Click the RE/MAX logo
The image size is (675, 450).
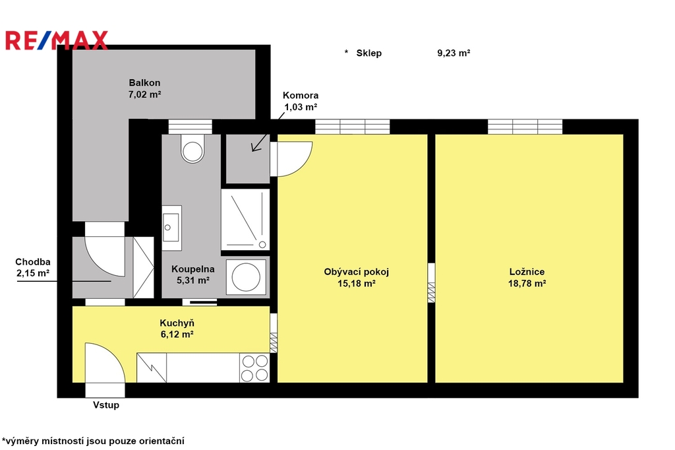pos(57,40)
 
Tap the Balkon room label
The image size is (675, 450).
pos(144,82)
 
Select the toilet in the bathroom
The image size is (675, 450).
pos(192,148)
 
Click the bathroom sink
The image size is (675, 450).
pos(172,228)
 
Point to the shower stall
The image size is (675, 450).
pos(245,220)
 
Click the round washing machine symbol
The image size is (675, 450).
pos(246,276)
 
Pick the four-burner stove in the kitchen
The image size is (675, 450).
pos(254,368)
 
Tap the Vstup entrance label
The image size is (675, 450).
pos(106,405)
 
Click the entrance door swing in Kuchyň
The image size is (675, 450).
pos(105,363)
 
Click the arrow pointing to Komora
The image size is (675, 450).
pos(268,133)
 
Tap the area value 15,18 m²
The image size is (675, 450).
pos(357,283)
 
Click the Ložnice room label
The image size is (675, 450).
pos(527,272)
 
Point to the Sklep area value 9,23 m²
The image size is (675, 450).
pos(454,53)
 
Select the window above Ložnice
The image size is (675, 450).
pos(525,126)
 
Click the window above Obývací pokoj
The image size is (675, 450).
pos(353,126)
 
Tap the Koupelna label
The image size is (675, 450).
pos(193,269)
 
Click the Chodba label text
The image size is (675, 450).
pos(33,262)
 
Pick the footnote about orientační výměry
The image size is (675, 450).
pos(93,441)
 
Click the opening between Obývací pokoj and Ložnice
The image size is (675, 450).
pos(431,283)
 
